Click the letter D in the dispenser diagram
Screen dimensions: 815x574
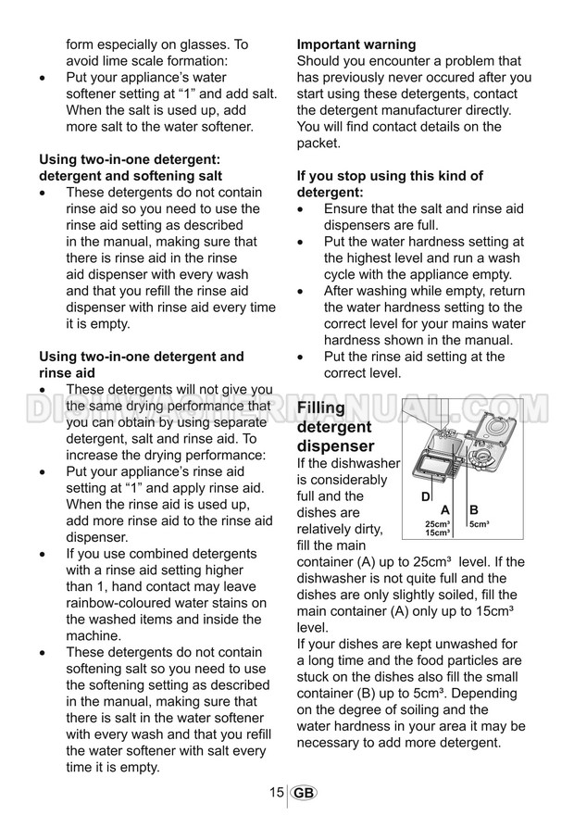click(x=426, y=497)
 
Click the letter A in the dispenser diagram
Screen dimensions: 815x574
click(x=444, y=510)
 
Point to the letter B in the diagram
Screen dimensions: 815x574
click(x=474, y=510)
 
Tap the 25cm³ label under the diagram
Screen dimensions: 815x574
click(x=438, y=524)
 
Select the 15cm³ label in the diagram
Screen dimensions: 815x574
click(x=438, y=533)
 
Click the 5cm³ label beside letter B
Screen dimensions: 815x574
click(x=479, y=525)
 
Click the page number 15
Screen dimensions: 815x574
click(x=276, y=793)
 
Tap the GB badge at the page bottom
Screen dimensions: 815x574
click(x=303, y=793)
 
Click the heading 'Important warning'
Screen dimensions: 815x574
click(x=356, y=44)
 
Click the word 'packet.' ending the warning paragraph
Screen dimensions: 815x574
click(x=319, y=144)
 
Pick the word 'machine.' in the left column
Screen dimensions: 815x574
click(x=94, y=636)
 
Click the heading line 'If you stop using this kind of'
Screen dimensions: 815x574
click(x=389, y=176)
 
